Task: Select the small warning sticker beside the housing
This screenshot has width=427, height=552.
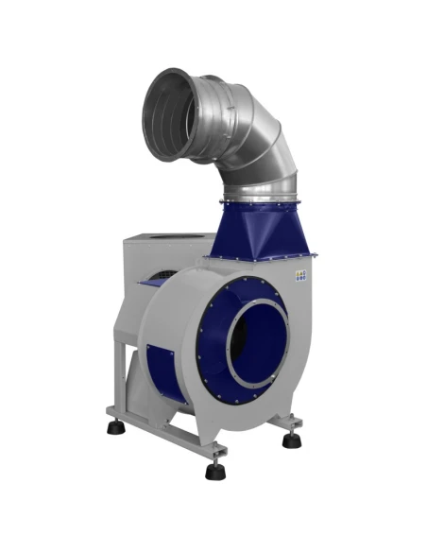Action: (x=301, y=273)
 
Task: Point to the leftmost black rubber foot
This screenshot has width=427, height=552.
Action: (x=116, y=426)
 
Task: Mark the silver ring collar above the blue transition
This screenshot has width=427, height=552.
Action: (x=257, y=194)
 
